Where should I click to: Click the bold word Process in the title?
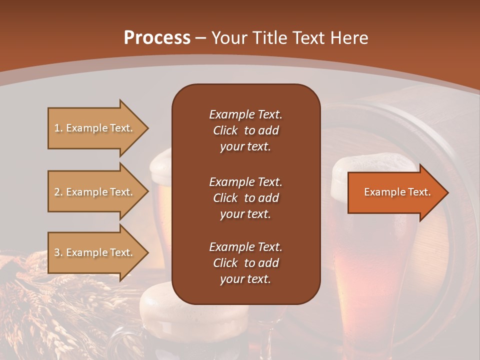[157, 38]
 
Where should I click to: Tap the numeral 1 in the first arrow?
[57, 128]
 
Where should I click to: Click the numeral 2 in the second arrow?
[57, 192]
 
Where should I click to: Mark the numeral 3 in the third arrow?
[57, 252]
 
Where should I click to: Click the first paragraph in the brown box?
[245, 130]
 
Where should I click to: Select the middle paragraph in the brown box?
[245, 198]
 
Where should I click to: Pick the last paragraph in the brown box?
[245, 263]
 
